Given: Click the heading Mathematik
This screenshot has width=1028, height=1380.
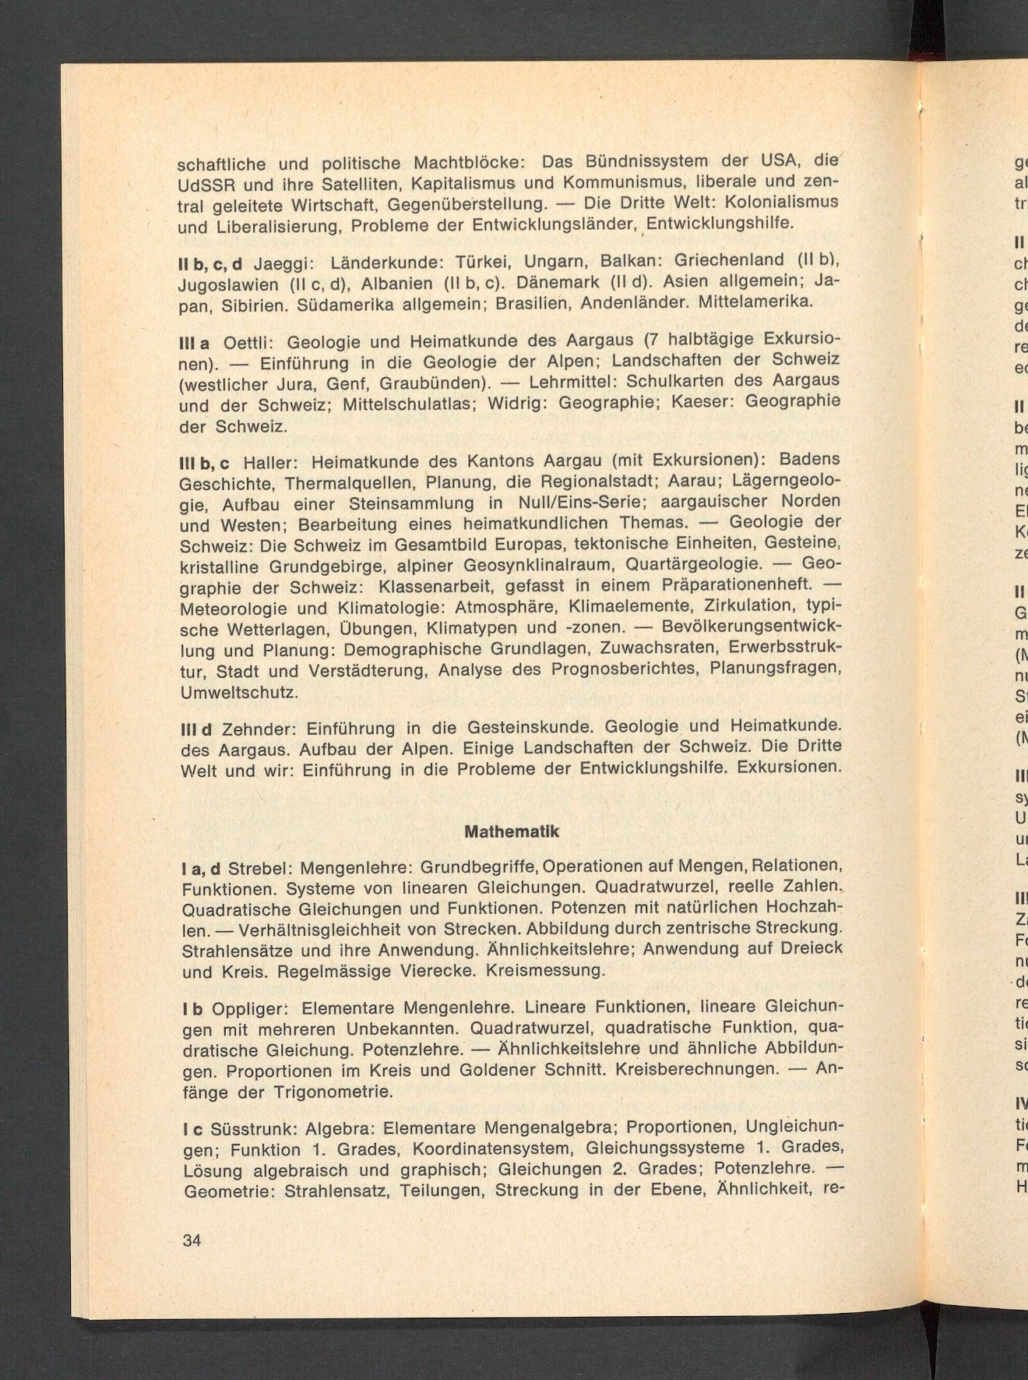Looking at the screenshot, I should point(512,831).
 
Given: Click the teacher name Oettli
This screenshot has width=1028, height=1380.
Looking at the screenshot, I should point(247,343).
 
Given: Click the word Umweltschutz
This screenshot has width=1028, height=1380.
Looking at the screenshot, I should point(239,693).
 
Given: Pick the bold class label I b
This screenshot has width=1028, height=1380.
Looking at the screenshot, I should point(192,1010).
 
